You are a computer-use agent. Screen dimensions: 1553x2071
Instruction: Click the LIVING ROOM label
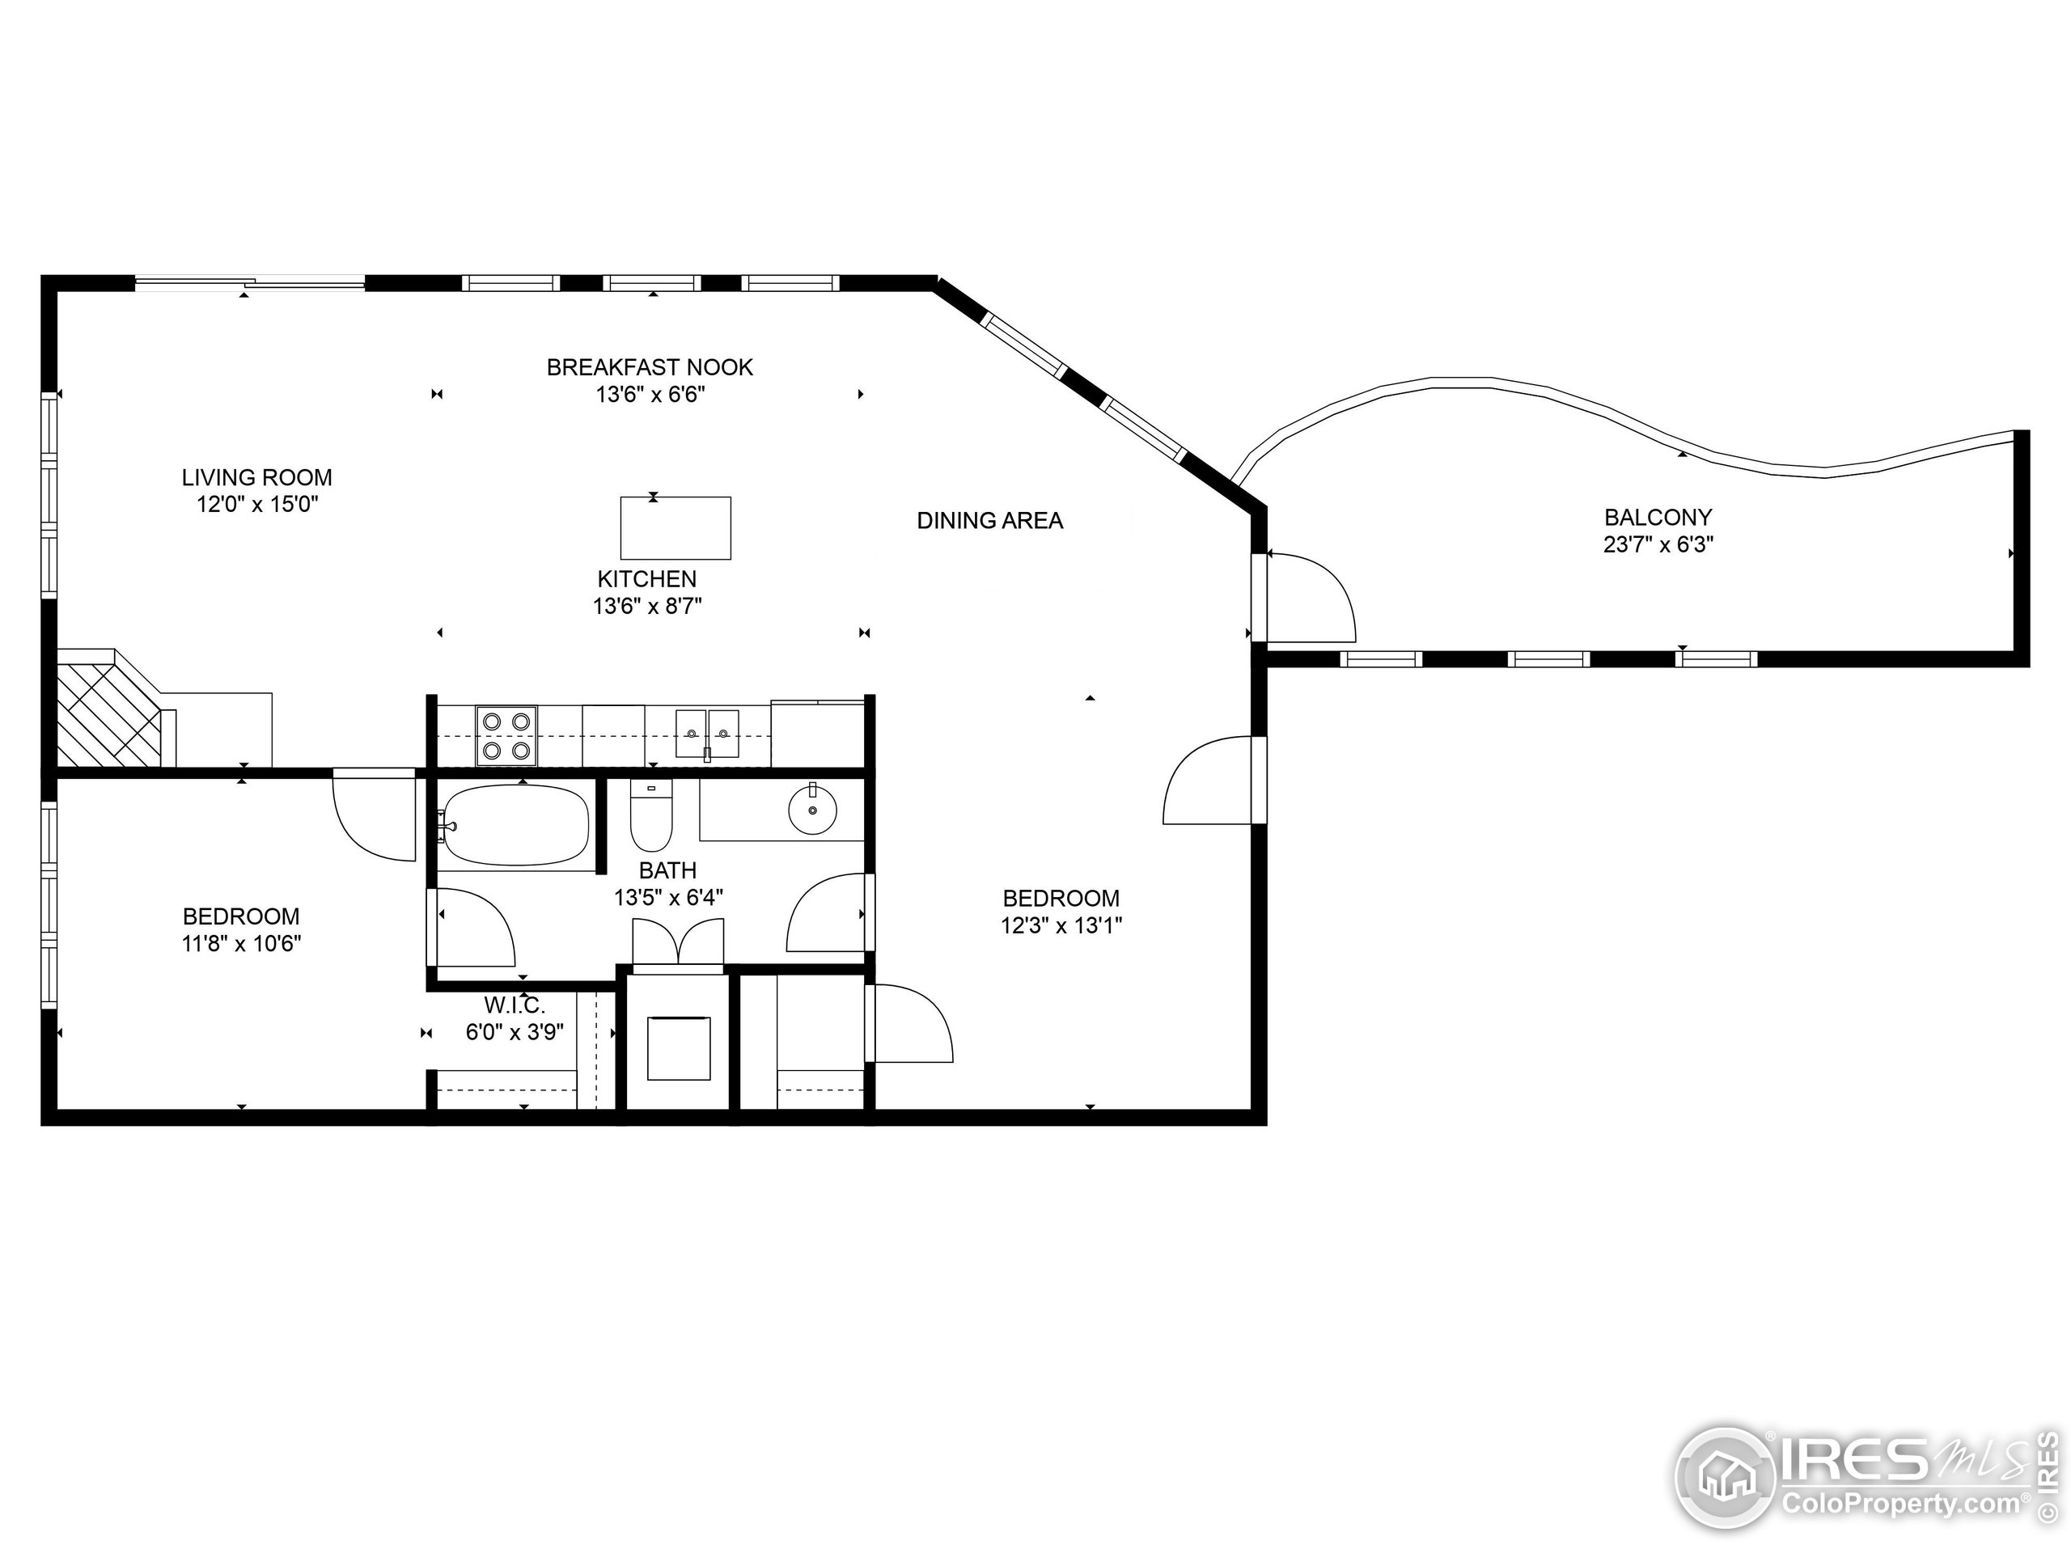256,477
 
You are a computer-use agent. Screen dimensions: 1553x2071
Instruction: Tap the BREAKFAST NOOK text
650,367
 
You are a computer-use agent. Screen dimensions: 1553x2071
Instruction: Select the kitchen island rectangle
675,528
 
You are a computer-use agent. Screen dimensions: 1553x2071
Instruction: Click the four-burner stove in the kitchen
506,736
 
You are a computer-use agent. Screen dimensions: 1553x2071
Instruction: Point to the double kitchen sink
708,733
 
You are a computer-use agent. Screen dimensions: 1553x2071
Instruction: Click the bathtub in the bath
515,826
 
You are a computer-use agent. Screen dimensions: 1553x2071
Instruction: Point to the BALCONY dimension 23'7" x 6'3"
1658,545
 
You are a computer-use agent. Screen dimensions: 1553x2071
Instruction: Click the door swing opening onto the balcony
1311,595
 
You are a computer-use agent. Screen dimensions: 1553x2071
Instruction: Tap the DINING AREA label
989,520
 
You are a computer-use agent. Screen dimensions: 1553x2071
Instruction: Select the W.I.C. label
514,1005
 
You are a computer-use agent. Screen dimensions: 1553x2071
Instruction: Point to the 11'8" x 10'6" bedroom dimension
242,944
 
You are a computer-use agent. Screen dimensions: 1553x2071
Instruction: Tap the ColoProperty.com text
1900,1504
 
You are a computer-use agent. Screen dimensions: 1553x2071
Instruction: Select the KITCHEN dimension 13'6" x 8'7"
647,607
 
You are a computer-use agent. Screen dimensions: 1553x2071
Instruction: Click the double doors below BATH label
678,941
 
